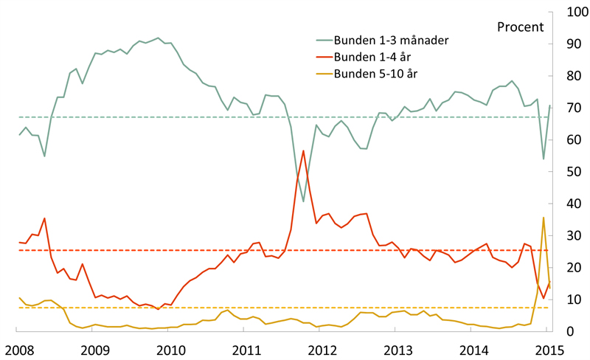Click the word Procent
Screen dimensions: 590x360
coord(521,27)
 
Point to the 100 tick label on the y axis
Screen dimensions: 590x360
coord(577,12)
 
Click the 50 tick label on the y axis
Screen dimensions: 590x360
coord(574,172)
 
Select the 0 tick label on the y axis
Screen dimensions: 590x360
coord(570,331)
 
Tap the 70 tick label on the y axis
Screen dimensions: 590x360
coord(574,108)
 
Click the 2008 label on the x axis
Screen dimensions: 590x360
coord(19,350)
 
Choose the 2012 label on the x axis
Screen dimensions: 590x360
coord(322,350)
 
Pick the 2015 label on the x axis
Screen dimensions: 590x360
coord(549,350)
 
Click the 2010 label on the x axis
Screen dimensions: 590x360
coord(171,350)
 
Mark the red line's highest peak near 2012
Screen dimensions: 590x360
coord(303,150)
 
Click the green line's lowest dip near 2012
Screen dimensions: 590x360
coord(303,201)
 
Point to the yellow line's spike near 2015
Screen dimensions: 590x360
coord(544,218)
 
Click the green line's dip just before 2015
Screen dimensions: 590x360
coord(544,159)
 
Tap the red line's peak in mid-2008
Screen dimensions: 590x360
coord(44,218)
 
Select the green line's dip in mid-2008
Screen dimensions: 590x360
coord(44,156)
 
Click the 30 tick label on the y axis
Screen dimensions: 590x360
coord(574,236)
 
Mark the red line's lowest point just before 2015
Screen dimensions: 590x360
coord(544,298)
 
